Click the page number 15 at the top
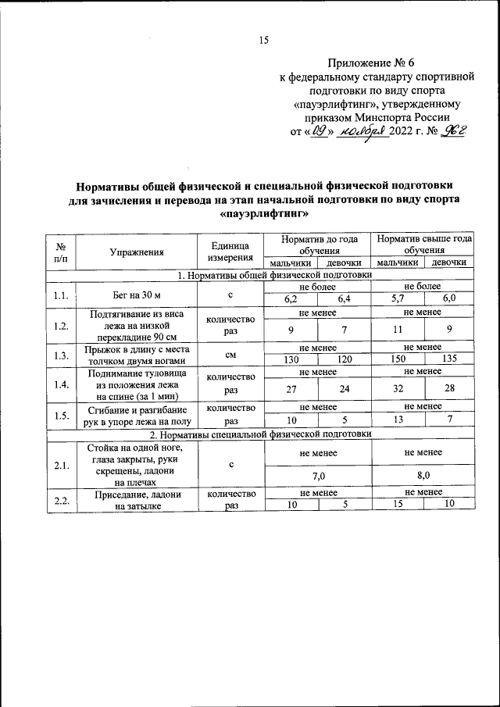pyautogui.click(x=263, y=41)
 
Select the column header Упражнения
pyautogui.click(x=137, y=252)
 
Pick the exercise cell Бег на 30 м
pyautogui.click(x=137, y=293)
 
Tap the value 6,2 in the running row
pyautogui.click(x=291, y=298)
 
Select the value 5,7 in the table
pyautogui.click(x=398, y=298)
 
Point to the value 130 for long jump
pyautogui.click(x=291, y=360)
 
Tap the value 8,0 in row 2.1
pyautogui.click(x=423, y=474)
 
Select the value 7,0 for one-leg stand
pyautogui.click(x=319, y=474)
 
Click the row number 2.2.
pyautogui.click(x=60, y=500)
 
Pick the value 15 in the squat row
pyautogui.click(x=398, y=505)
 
